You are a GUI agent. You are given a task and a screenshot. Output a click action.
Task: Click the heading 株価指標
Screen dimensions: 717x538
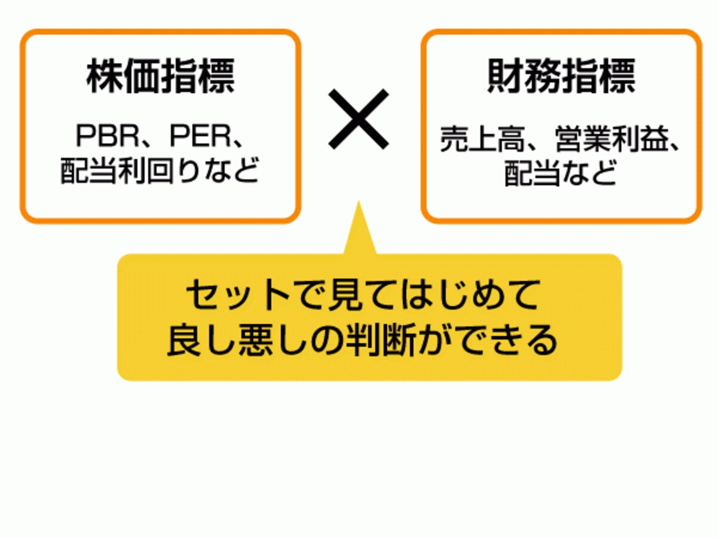[160, 76]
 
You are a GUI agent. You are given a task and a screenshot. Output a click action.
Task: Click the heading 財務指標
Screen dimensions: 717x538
[561, 76]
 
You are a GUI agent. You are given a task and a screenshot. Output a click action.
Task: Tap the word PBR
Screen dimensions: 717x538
[108, 136]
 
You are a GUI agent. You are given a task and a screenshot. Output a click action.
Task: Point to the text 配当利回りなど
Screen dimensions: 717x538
[160, 171]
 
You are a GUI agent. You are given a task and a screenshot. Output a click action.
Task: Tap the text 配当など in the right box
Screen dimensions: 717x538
[560, 173]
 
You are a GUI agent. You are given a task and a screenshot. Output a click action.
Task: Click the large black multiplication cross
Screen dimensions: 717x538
[358, 119]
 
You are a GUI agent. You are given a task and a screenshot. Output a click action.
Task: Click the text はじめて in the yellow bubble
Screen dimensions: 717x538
[469, 295]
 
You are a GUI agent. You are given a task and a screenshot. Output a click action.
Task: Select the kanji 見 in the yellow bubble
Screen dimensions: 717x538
[344, 295]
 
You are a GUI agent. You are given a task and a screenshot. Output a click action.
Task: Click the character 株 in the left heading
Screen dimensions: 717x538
[105, 76]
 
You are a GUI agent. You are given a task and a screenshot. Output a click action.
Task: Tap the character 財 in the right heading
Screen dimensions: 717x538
[505, 76]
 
